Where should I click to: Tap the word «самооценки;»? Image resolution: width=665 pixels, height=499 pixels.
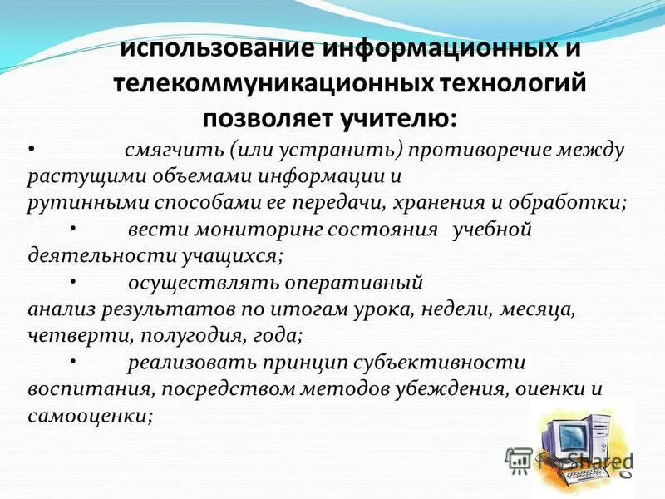click(91, 415)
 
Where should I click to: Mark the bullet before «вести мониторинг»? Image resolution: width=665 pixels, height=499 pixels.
click(72, 226)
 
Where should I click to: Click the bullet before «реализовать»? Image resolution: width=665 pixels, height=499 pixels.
click(72, 359)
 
